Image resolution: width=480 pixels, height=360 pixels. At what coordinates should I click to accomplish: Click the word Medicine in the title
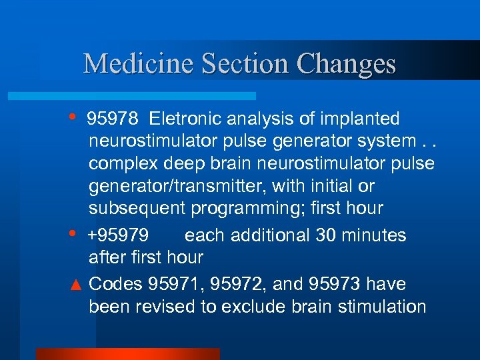click(x=139, y=63)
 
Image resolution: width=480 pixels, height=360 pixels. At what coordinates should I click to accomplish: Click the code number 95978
click(x=113, y=119)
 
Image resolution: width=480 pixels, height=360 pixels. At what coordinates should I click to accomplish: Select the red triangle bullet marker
click(x=76, y=285)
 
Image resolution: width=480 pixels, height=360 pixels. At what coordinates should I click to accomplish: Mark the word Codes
click(x=115, y=285)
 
